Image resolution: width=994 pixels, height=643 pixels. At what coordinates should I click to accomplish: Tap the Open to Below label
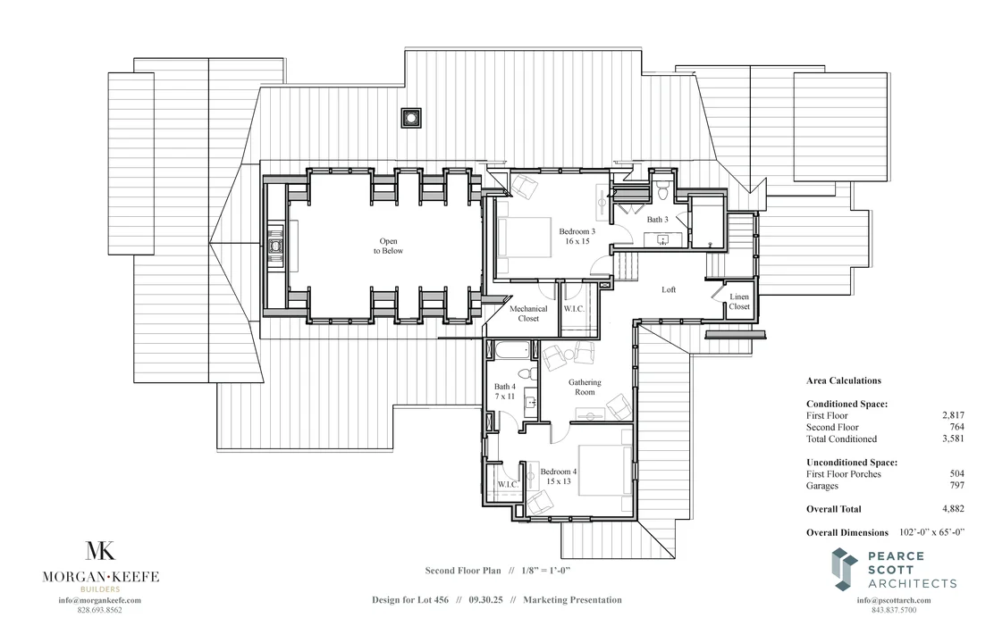click(388, 246)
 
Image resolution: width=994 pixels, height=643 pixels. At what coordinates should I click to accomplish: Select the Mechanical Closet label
click(529, 313)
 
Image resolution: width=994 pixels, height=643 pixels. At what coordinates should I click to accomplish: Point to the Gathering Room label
click(585, 388)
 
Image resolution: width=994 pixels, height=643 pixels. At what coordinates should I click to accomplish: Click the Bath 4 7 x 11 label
click(505, 392)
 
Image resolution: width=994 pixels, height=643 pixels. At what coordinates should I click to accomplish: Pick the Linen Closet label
click(739, 301)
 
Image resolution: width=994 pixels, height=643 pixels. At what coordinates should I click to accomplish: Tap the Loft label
click(669, 289)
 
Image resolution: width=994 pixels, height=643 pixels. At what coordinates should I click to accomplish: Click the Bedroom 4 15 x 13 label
click(559, 476)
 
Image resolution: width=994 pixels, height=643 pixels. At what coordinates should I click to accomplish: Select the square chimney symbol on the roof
click(410, 118)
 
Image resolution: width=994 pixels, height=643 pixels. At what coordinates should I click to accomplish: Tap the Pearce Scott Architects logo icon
click(844, 570)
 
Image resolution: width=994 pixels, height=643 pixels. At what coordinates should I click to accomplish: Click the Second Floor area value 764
click(957, 427)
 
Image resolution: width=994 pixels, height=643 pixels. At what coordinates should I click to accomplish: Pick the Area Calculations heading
click(843, 380)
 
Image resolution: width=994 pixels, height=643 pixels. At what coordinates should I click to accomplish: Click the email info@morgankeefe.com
click(100, 600)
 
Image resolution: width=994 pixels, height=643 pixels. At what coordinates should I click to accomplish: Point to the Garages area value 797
click(957, 486)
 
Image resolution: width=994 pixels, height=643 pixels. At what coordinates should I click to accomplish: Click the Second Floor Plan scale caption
click(497, 570)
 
